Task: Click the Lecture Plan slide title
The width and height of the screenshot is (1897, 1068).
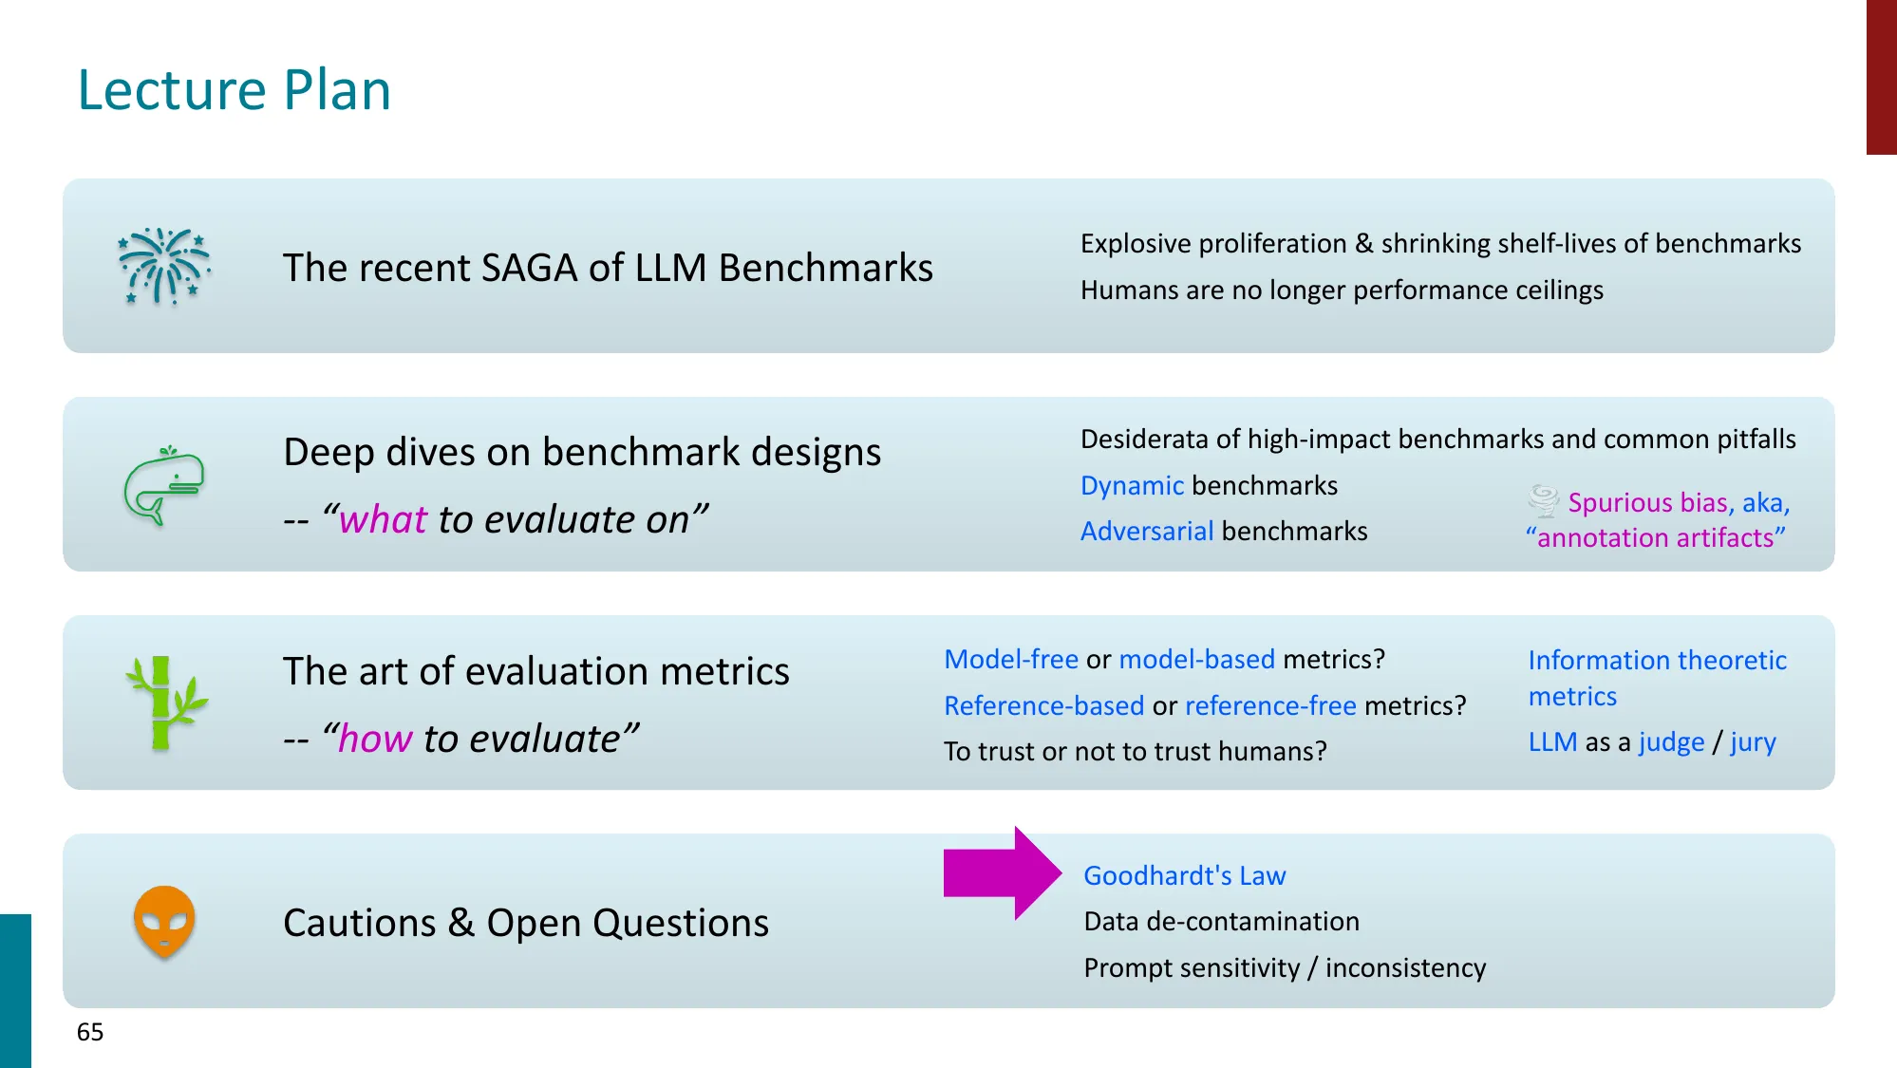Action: tap(234, 90)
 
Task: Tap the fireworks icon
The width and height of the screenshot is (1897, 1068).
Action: tap(164, 267)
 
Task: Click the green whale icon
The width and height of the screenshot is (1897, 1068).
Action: tap(164, 485)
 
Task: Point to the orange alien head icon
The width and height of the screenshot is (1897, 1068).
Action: tap(164, 921)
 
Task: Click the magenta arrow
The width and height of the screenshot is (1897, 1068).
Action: tap(1003, 873)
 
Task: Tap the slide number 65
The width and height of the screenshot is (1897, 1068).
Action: tap(90, 1032)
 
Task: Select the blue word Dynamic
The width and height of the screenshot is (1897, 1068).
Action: tap(1132, 485)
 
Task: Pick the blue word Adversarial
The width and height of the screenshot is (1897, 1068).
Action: tap(1147, 531)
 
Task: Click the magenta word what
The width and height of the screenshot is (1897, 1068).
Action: tap(384, 519)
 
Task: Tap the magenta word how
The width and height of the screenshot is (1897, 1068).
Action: tap(375, 739)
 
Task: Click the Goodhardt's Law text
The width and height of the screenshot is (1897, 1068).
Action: tap(1185, 875)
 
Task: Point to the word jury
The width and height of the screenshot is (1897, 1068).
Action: tap(1753, 742)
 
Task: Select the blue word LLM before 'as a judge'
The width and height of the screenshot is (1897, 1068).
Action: tap(1552, 741)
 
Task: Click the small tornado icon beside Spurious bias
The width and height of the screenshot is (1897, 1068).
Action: tap(1544, 500)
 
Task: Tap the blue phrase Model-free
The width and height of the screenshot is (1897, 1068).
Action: tap(1011, 659)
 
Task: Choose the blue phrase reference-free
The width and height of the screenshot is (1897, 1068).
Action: tap(1270, 705)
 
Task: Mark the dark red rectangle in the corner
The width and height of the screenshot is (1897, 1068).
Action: tap(1882, 77)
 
